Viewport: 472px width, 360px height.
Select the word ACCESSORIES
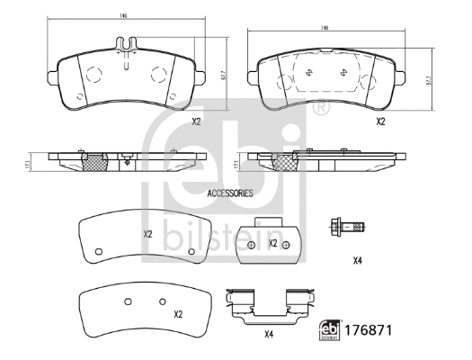click(230, 193)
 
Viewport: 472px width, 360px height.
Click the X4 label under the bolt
click(357, 261)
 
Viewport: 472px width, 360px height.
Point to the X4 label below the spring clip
click(268, 336)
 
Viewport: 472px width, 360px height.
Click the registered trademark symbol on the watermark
click(321, 109)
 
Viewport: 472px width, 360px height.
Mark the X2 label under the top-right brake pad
click(380, 121)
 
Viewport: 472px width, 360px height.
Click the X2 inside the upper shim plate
click(148, 235)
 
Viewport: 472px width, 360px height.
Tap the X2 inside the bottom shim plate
click(178, 314)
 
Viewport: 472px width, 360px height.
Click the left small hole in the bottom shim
click(127, 301)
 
